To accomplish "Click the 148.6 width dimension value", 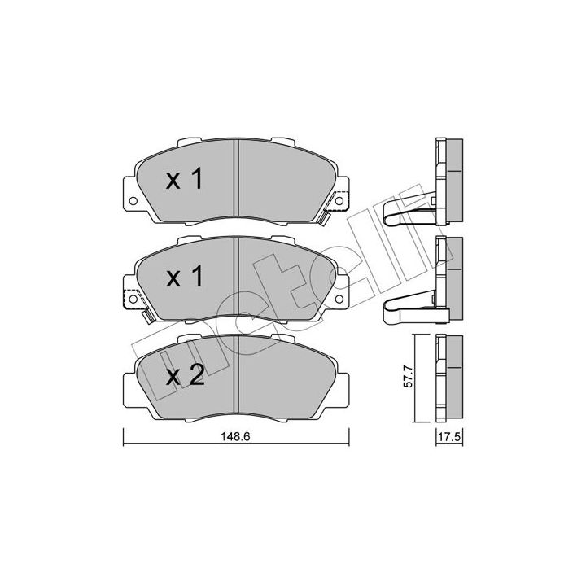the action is click(235, 436).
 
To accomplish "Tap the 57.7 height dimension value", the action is click(409, 378).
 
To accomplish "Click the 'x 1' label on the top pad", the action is click(185, 178).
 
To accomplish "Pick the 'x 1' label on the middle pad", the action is click(185, 277).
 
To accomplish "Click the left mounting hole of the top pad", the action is click(133, 201).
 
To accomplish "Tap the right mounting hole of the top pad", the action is click(339, 201).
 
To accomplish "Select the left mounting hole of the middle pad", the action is click(133, 299).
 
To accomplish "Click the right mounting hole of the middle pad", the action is click(339, 299).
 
